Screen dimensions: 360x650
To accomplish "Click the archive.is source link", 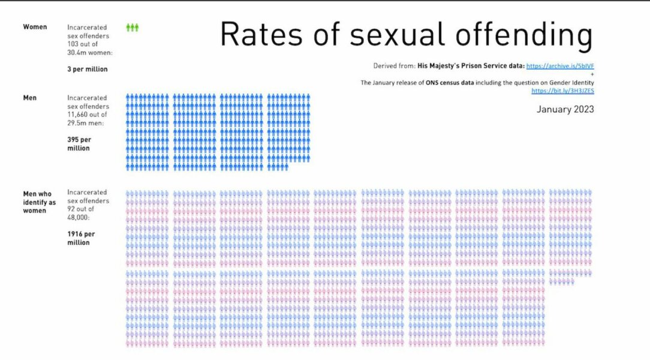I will [x=560, y=65].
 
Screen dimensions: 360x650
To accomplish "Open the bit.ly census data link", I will [x=562, y=91].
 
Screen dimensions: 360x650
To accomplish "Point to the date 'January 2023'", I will [x=565, y=109].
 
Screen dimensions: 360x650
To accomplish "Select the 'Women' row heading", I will [x=35, y=27].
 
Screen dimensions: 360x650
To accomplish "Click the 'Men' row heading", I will [x=30, y=98].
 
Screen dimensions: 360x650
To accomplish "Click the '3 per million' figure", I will [x=87, y=69].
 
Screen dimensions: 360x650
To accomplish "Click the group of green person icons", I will [x=132, y=28].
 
